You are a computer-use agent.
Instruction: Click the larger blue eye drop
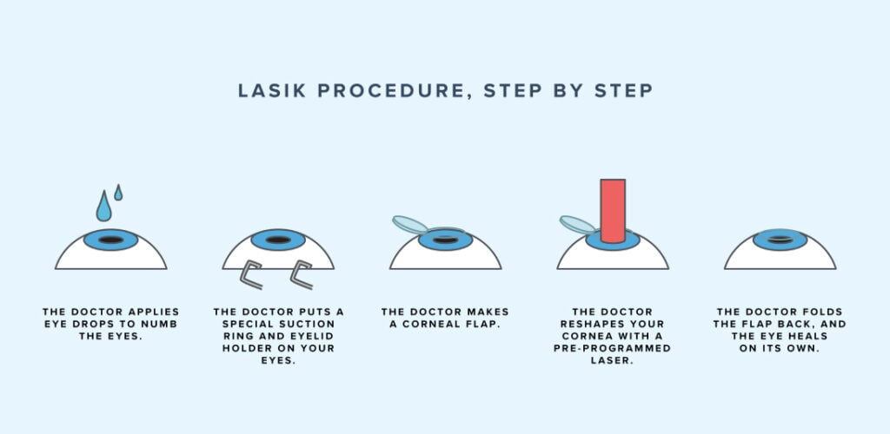pyautogui.click(x=104, y=207)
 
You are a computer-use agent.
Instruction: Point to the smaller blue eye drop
pyautogui.click(x=118, y=193)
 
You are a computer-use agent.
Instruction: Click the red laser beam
pyautogui.click(x=612, y=210)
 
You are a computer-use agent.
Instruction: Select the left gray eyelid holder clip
pyautogui.click(x=252, y=275)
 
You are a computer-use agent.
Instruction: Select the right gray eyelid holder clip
pyautogui.click(x=304, y=275)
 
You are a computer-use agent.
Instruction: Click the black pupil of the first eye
pyautogui.click(x=110, y=240)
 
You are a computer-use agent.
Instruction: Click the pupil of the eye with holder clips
pyautogui.click(x=278, y=240)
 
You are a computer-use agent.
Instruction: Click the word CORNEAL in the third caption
pyautogui.click(x=421, y=323)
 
